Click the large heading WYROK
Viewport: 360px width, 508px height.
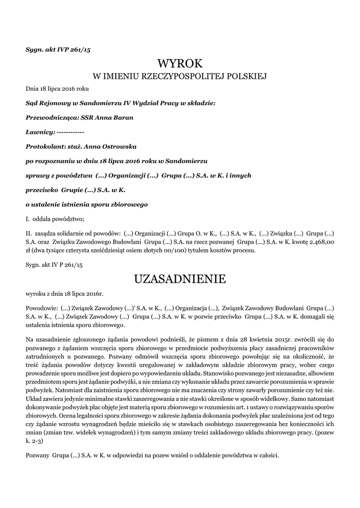point(180,63)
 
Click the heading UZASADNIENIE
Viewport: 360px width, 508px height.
point(180,279)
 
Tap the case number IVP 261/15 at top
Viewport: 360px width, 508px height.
point(75,49)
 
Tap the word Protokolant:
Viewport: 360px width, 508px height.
point(46,147)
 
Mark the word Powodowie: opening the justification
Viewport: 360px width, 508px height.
point(42,308)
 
